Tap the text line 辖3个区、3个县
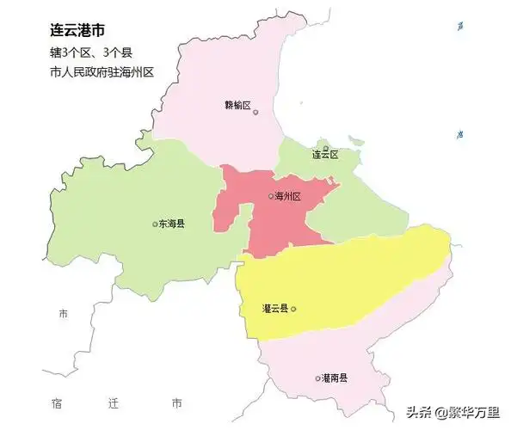click(91, 53)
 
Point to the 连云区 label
click(325, 155)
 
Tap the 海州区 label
click(288, 197)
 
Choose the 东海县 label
click(172, 224)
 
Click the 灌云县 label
click(274, 308)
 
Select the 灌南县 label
click(336, 378)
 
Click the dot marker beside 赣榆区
click(255, 112)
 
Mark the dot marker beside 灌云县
click(293, 308)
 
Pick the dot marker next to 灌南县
click(317, 378)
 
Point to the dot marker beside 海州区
click(270, 197)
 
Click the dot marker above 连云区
click(324, 142)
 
